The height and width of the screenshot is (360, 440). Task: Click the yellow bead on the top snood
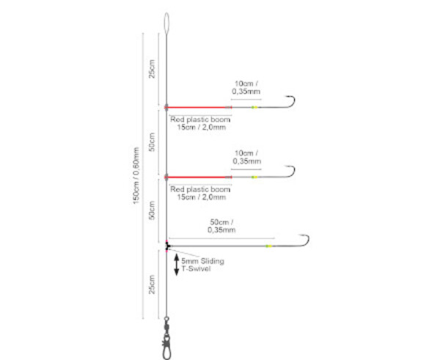[x=254, y=107]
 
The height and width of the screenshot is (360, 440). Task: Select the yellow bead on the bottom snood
[x=269, y=246]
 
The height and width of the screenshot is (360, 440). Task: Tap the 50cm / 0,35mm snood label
[x=221, y=226]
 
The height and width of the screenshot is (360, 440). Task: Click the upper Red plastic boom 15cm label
[x=200, y=122]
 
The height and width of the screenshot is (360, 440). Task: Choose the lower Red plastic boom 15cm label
[x=200, y=192]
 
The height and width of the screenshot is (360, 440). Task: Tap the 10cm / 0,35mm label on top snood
[x=246, y=87]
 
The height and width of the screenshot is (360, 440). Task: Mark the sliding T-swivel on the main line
[x=168, y=246]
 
